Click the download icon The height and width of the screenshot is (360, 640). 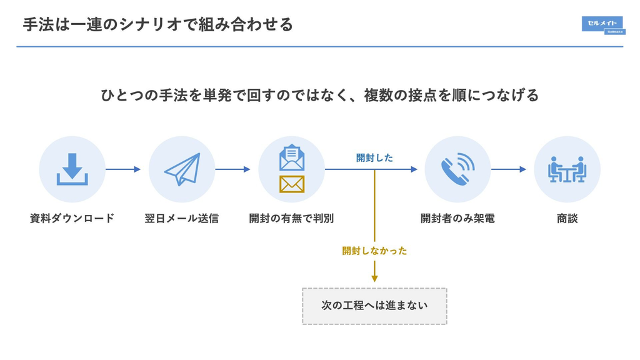coord(72,169)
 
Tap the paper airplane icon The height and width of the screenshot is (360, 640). coord(182,169)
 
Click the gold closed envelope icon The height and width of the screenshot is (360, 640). coord(292,184)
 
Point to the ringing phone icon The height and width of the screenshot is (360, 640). coord(457,169)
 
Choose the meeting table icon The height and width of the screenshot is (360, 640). coord(567,169)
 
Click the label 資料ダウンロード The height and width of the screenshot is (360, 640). coord(72,218)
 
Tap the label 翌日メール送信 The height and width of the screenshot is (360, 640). coord(182,218)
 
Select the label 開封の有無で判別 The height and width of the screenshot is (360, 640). coord(291,218)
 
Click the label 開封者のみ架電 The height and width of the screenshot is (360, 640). coord(457,218)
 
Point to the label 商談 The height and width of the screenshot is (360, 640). coord(567,218)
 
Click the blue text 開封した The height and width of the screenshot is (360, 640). coord(374,158)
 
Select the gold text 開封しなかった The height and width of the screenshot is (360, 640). coord(374,251)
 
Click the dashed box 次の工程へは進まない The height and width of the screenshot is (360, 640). coord(375,306)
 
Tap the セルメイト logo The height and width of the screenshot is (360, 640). coord(603,25)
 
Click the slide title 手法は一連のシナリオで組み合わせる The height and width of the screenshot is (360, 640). coord(158,24)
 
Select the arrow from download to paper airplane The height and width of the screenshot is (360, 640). coord(123,169)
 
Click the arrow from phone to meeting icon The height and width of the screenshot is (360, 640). coord(509,169)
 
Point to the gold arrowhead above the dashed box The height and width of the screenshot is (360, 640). coord(375,279)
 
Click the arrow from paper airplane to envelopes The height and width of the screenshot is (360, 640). coord(232,169)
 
